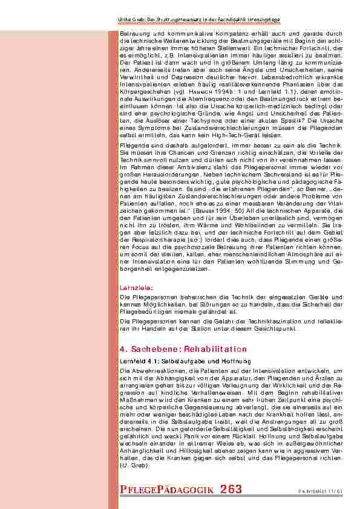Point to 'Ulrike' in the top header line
pyautogui.click(x=126, y=20)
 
